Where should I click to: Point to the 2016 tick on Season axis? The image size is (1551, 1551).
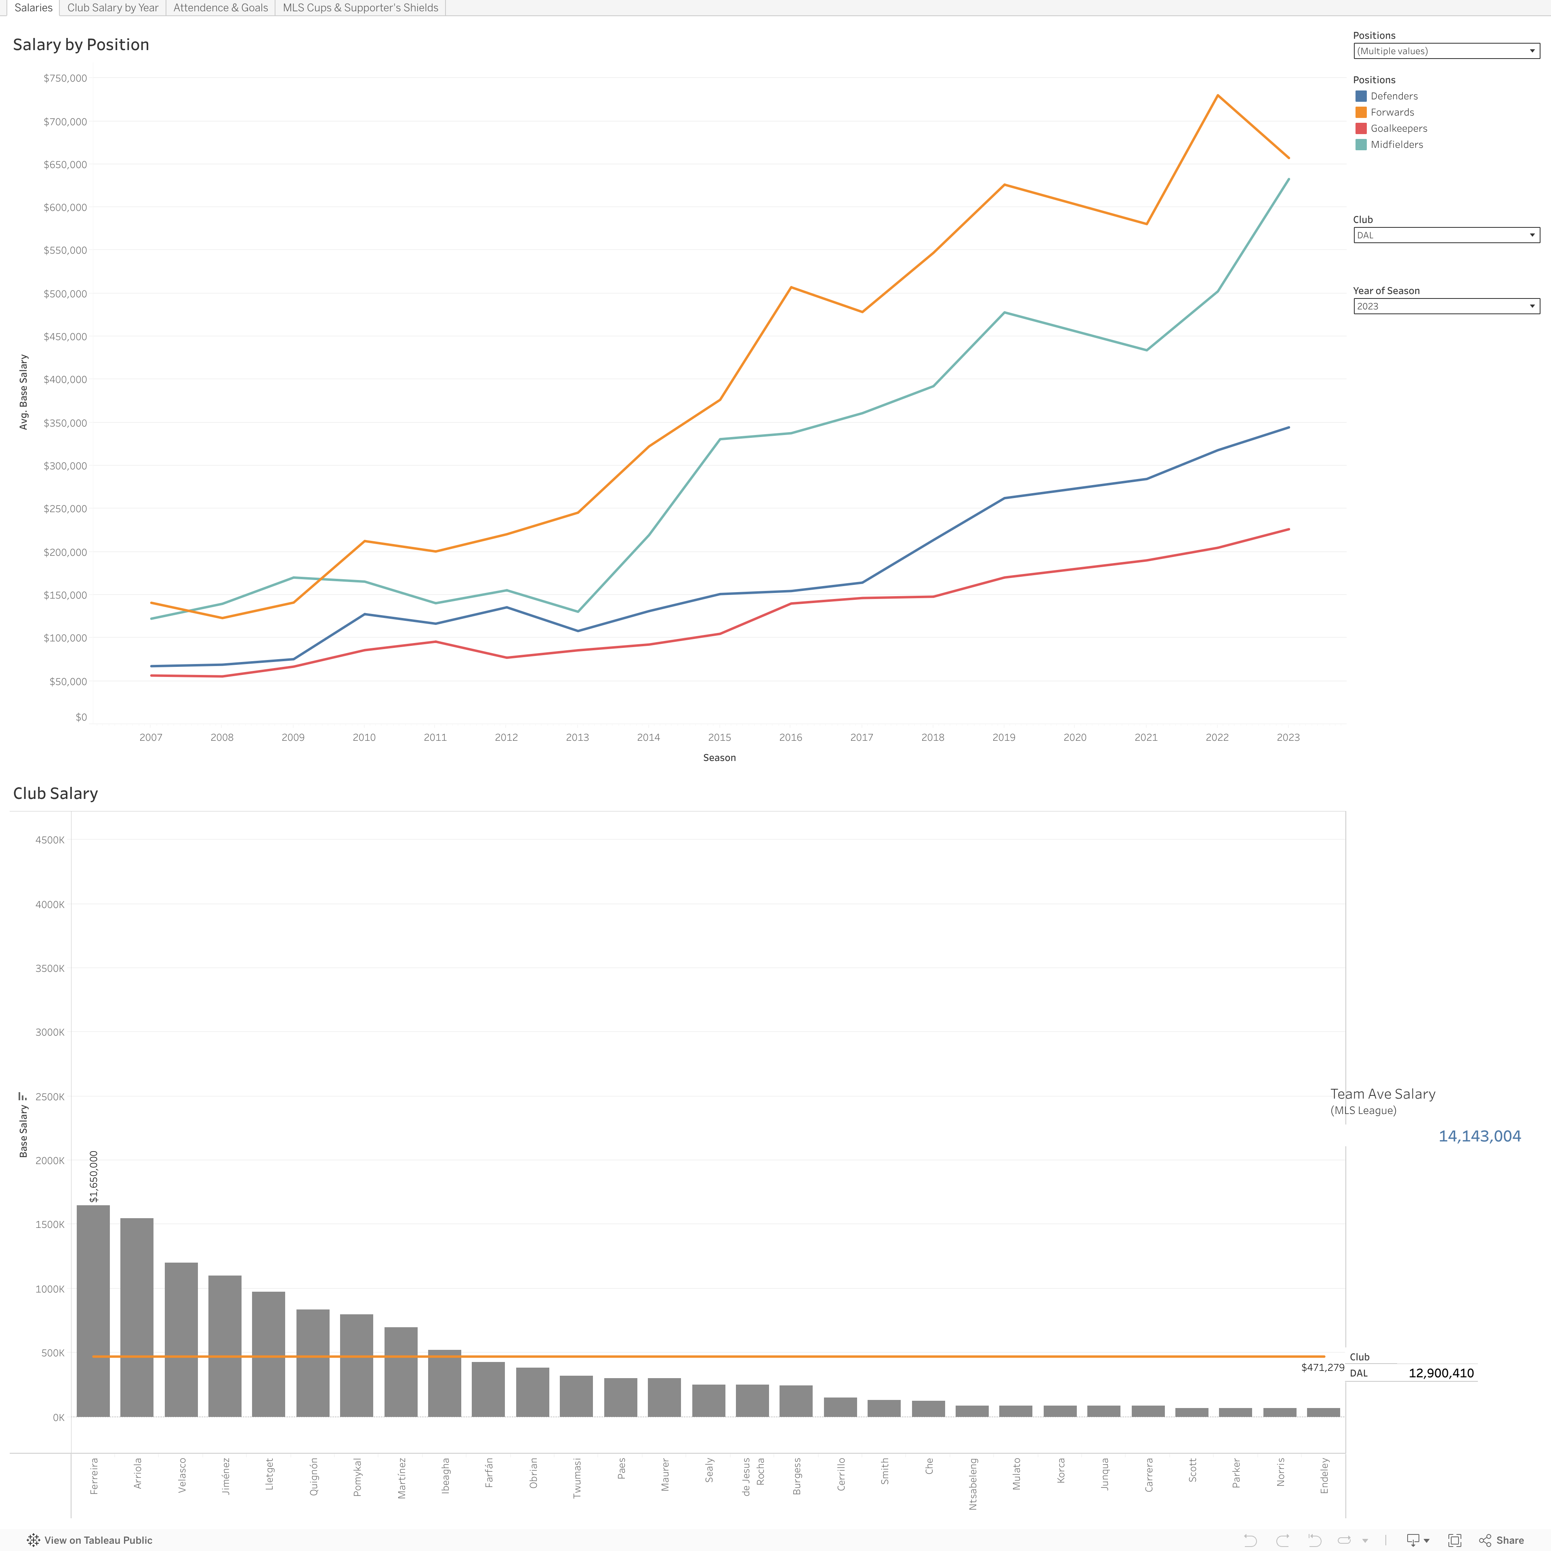790,737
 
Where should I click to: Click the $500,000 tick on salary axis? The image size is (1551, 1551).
65,294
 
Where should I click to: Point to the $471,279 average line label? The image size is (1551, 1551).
1322,1367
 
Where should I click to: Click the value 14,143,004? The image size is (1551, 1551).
1479,1136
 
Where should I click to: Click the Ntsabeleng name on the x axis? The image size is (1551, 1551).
973,1484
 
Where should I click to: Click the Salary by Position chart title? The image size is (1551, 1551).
81,45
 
